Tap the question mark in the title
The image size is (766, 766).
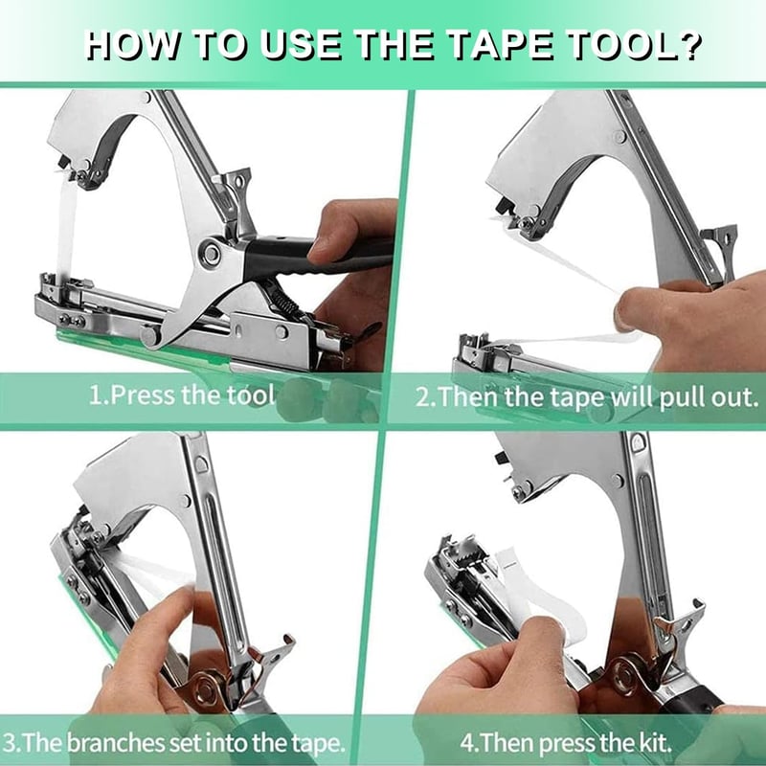(688, 45)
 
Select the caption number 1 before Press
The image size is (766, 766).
(96, 394)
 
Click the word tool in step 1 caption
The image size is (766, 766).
(250, 394)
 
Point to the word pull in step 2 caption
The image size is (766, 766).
(681, 398)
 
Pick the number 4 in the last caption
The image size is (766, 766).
(466, 744)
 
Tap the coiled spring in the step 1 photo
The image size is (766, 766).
(282, 299)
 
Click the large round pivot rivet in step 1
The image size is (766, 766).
(212, 254)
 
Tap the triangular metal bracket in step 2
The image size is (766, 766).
(720, 249)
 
